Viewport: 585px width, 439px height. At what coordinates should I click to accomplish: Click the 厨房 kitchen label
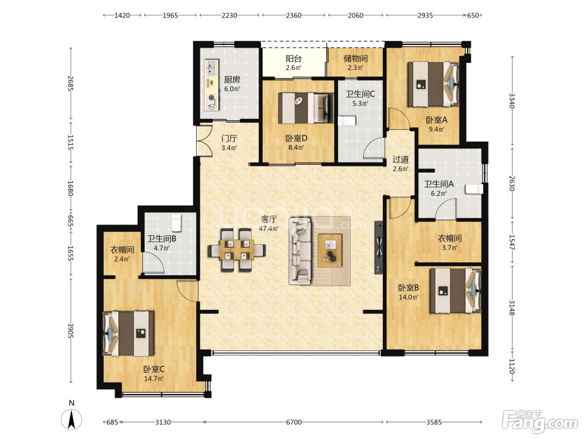coord(231,79)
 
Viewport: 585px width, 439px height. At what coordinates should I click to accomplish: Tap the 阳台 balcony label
coord(293,59)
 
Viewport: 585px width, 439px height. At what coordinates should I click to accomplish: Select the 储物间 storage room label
coord(356,59)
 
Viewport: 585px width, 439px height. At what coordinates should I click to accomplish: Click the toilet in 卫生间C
coord(347,120)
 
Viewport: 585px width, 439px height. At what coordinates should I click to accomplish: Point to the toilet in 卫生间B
coord(176,222)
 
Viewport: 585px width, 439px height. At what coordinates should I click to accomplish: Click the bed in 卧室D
coord(306,108)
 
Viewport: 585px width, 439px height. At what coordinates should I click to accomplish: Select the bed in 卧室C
coord(128,333)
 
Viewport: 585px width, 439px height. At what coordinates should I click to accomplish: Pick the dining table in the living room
coord(237,250)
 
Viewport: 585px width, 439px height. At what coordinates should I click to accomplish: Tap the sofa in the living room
coord(300,250)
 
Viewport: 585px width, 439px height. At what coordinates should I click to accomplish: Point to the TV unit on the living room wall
coord(379,247)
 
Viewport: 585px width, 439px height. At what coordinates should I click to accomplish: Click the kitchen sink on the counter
coord(211,68)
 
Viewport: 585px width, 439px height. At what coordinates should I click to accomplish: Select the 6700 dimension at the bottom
coord(294,422)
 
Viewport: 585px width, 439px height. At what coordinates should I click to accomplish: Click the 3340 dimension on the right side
coord(511,100)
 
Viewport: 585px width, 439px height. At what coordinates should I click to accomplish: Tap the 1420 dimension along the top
coord(122,15)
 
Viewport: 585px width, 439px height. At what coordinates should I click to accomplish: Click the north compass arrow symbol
coord(71,419)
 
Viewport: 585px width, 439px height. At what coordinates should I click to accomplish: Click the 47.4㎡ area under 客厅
coord(269,228)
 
